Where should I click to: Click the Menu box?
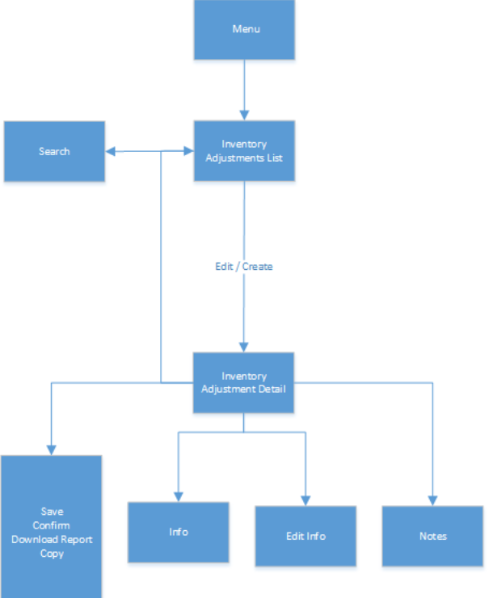pos(244,30)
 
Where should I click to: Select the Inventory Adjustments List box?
pos(244,151)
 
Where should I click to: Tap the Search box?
pos(54,151)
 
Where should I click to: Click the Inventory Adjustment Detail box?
pos(244,382)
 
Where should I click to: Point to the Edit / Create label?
pos(244,267)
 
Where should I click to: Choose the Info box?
pos(179,532)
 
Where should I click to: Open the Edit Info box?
pos(306,536)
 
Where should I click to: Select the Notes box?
pos(432,536)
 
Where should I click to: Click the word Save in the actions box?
pos(52,512)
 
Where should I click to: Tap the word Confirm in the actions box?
pos(52,525)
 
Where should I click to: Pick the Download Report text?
pos(52,539)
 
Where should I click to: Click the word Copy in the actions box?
pos(52,554)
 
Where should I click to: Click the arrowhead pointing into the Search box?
pos(111,151)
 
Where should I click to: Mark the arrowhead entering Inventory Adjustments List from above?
pos(244,115)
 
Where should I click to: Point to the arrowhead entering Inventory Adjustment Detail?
pos(244,346)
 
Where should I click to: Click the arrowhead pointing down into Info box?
pos(179,496)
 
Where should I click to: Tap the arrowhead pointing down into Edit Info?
pos(306,500)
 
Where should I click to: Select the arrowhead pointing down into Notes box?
pos(432,500)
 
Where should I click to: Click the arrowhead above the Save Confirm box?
pos(52,449)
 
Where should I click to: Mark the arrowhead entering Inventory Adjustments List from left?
pos(188,151)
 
